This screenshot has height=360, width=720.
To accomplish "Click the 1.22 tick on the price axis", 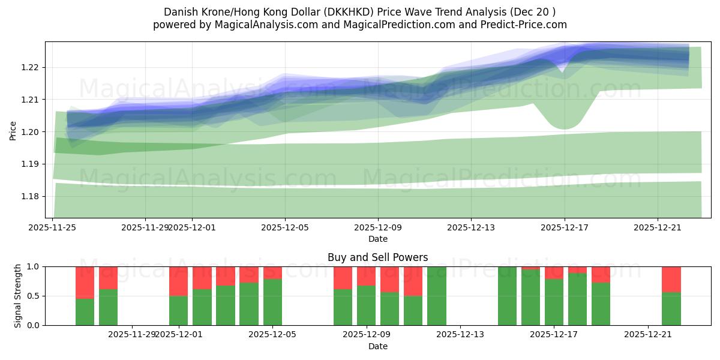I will coord(30,67).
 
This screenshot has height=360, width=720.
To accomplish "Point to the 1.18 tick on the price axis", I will coord(30,196).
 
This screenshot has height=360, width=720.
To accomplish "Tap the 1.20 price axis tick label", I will coord(30,132).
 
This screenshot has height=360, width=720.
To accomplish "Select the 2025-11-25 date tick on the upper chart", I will coord(52,227).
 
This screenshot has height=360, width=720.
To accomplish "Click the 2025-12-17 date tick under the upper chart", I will coord(563,227).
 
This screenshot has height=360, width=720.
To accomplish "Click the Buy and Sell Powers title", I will coord(377,257).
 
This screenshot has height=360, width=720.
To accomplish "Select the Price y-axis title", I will coord(13,130).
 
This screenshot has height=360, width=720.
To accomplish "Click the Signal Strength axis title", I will coord(18,296).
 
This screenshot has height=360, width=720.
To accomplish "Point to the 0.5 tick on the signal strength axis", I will coord(34,296).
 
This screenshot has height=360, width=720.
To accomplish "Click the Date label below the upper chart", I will coord(377,239).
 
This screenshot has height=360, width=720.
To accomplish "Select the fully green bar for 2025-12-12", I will coord(437,296).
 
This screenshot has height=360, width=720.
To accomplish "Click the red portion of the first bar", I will coord(85,282).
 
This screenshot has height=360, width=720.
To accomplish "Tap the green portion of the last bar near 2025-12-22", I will coord(671,309).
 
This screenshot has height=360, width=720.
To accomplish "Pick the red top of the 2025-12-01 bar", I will coord(178,281).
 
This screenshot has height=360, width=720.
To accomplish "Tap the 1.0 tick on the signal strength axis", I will coord(34,266).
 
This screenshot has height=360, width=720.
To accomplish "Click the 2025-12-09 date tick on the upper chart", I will coord(377,227).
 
